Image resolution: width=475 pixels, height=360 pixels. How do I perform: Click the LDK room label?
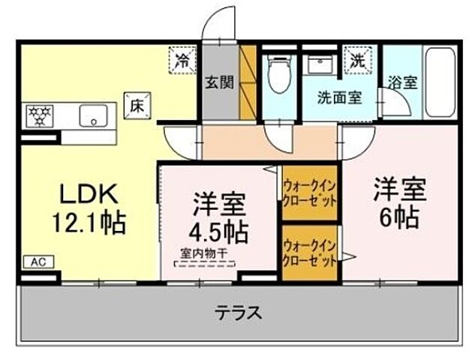point(89,194)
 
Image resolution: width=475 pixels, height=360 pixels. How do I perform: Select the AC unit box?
point(38,262)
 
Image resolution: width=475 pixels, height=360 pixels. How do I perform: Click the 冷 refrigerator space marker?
point(182,60)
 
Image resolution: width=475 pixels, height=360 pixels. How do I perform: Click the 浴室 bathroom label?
point(402,84)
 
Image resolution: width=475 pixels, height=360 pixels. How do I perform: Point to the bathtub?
point(439,82)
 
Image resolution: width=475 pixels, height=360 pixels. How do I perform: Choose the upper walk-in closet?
point(308,193)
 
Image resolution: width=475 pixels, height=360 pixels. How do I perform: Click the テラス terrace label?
point(239,312)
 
